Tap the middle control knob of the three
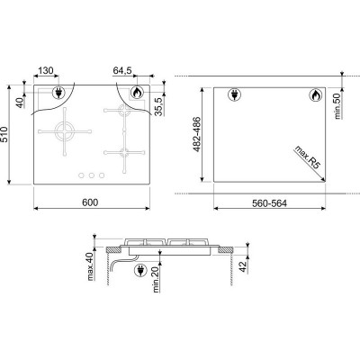pos(90,175)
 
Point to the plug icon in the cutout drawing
pos(230,95)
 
